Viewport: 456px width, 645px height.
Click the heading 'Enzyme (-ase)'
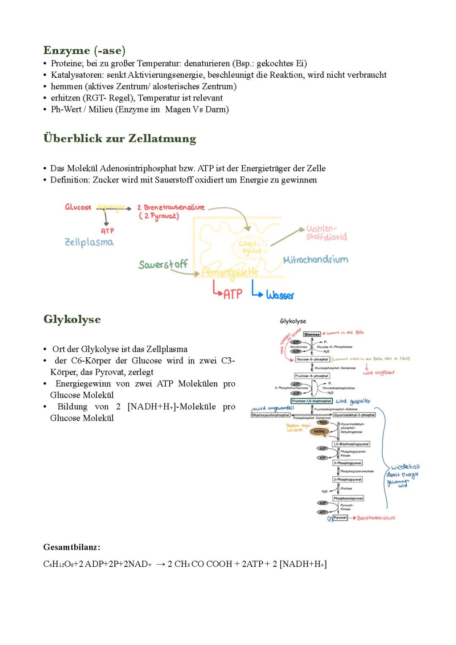click(84, 51)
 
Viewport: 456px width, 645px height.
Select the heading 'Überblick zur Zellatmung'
click(119, 139)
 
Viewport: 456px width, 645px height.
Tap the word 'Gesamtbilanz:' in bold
click(72, 547)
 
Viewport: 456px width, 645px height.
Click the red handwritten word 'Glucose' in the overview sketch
click(78, 207)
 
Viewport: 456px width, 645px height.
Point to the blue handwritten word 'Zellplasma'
click(89, 242)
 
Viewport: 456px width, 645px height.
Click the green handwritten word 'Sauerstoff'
click(163, 265)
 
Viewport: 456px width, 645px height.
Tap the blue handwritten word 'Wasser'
click(280, 295)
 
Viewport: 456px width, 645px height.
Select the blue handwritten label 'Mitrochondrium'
click(315, 259)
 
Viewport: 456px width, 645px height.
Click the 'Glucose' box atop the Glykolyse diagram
click(312, 334)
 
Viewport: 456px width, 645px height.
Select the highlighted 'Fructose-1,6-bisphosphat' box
click(312, 401)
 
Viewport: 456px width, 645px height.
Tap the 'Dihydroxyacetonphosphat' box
click(271, 415)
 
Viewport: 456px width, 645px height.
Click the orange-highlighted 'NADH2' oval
click(320, 431)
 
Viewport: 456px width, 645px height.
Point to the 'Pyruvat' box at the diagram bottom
click(340, 517)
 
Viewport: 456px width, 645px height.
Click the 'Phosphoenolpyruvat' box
click(348, 498)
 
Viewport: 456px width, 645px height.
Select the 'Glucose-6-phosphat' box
click(312, 359)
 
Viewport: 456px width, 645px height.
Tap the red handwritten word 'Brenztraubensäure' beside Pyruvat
click(376, 518)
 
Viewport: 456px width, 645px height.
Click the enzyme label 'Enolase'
click(346, 488)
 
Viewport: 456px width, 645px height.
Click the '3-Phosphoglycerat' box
click(347, 463)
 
